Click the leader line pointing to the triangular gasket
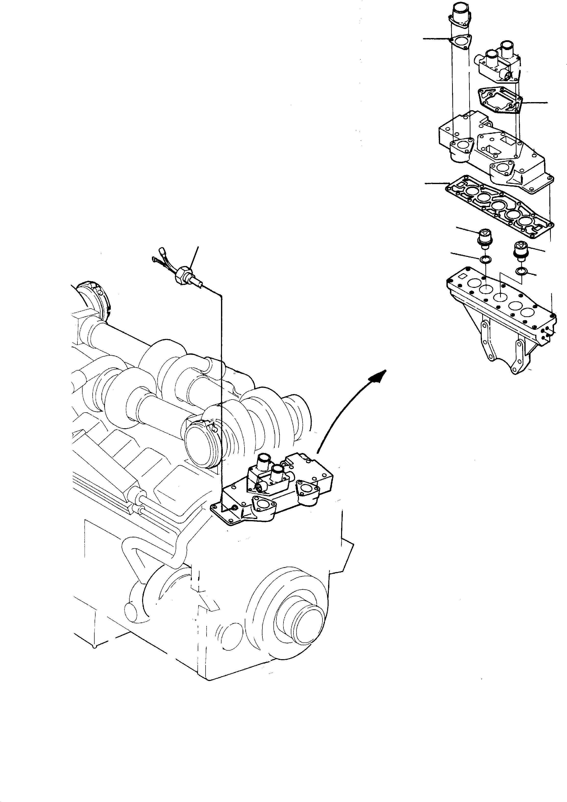436,39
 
